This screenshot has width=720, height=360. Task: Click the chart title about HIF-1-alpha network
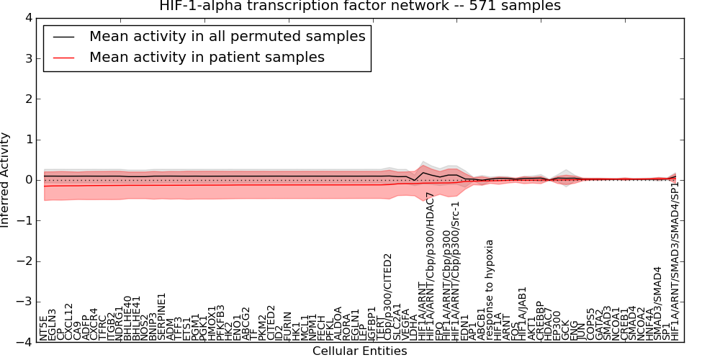click(359, 6)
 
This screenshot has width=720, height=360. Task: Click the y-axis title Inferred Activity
click(6, 180)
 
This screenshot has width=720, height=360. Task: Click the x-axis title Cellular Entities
click(359, 351)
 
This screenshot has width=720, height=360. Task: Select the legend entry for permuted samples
click(227, 36)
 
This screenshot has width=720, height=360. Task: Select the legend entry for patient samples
click(207, 57)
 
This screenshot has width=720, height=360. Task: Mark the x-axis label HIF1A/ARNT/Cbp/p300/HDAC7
click(431, 266)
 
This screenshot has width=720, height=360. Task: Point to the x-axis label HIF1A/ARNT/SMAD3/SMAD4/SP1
click(675, 261)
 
